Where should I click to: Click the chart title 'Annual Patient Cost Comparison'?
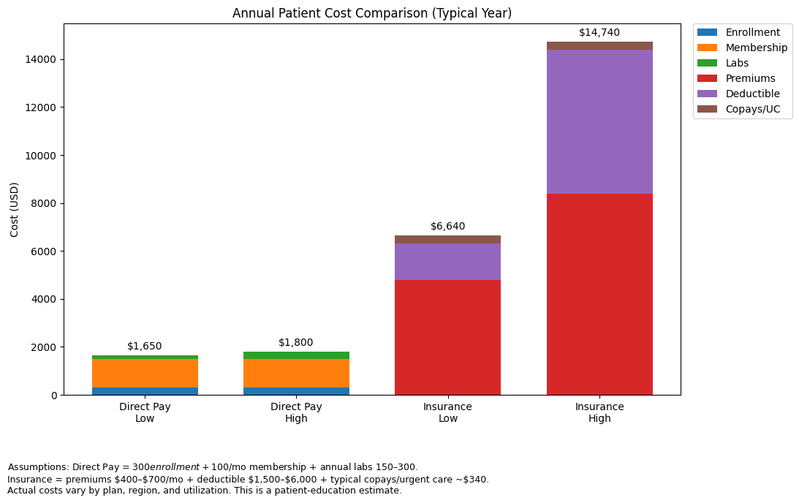(371, 13)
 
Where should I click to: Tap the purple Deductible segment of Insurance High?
(599, 121)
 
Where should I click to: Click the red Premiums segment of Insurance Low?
(447, 337)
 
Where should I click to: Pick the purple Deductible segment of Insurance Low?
(447, 262)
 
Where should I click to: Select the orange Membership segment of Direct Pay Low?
(145, 373)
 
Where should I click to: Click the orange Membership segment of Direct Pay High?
(296, 373)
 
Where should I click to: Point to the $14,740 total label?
(599, 33)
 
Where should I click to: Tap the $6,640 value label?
(447, 227)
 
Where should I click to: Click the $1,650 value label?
(145, 347)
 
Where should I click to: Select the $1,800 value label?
(296, 343)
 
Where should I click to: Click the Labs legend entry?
(742, 63)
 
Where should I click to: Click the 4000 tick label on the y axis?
(46, 299)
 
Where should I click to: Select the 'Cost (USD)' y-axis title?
(15, 209)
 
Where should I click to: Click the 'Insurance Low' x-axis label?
(447, 412)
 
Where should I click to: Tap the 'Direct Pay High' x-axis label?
(296, 412)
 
